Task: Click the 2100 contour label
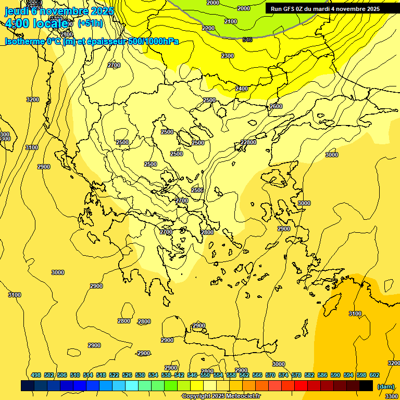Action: tap(231, 21)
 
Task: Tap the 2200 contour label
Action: tap(208, 28)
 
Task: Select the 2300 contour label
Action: tap(228, 56)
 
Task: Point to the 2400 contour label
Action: tap(242, 89)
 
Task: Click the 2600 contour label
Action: tap(276, 106)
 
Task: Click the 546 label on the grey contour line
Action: tap(247, 40)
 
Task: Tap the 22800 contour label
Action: tap(248, 142)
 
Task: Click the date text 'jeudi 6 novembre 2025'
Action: tap(54, 11)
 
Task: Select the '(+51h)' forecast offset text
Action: tap(90, 23)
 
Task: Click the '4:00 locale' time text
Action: tap(36, 24)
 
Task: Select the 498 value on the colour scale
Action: tap(36, 375)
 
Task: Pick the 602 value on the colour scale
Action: tap(374, 375)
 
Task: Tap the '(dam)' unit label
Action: tap(385, 386)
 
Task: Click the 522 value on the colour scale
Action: tap(114, 375)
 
